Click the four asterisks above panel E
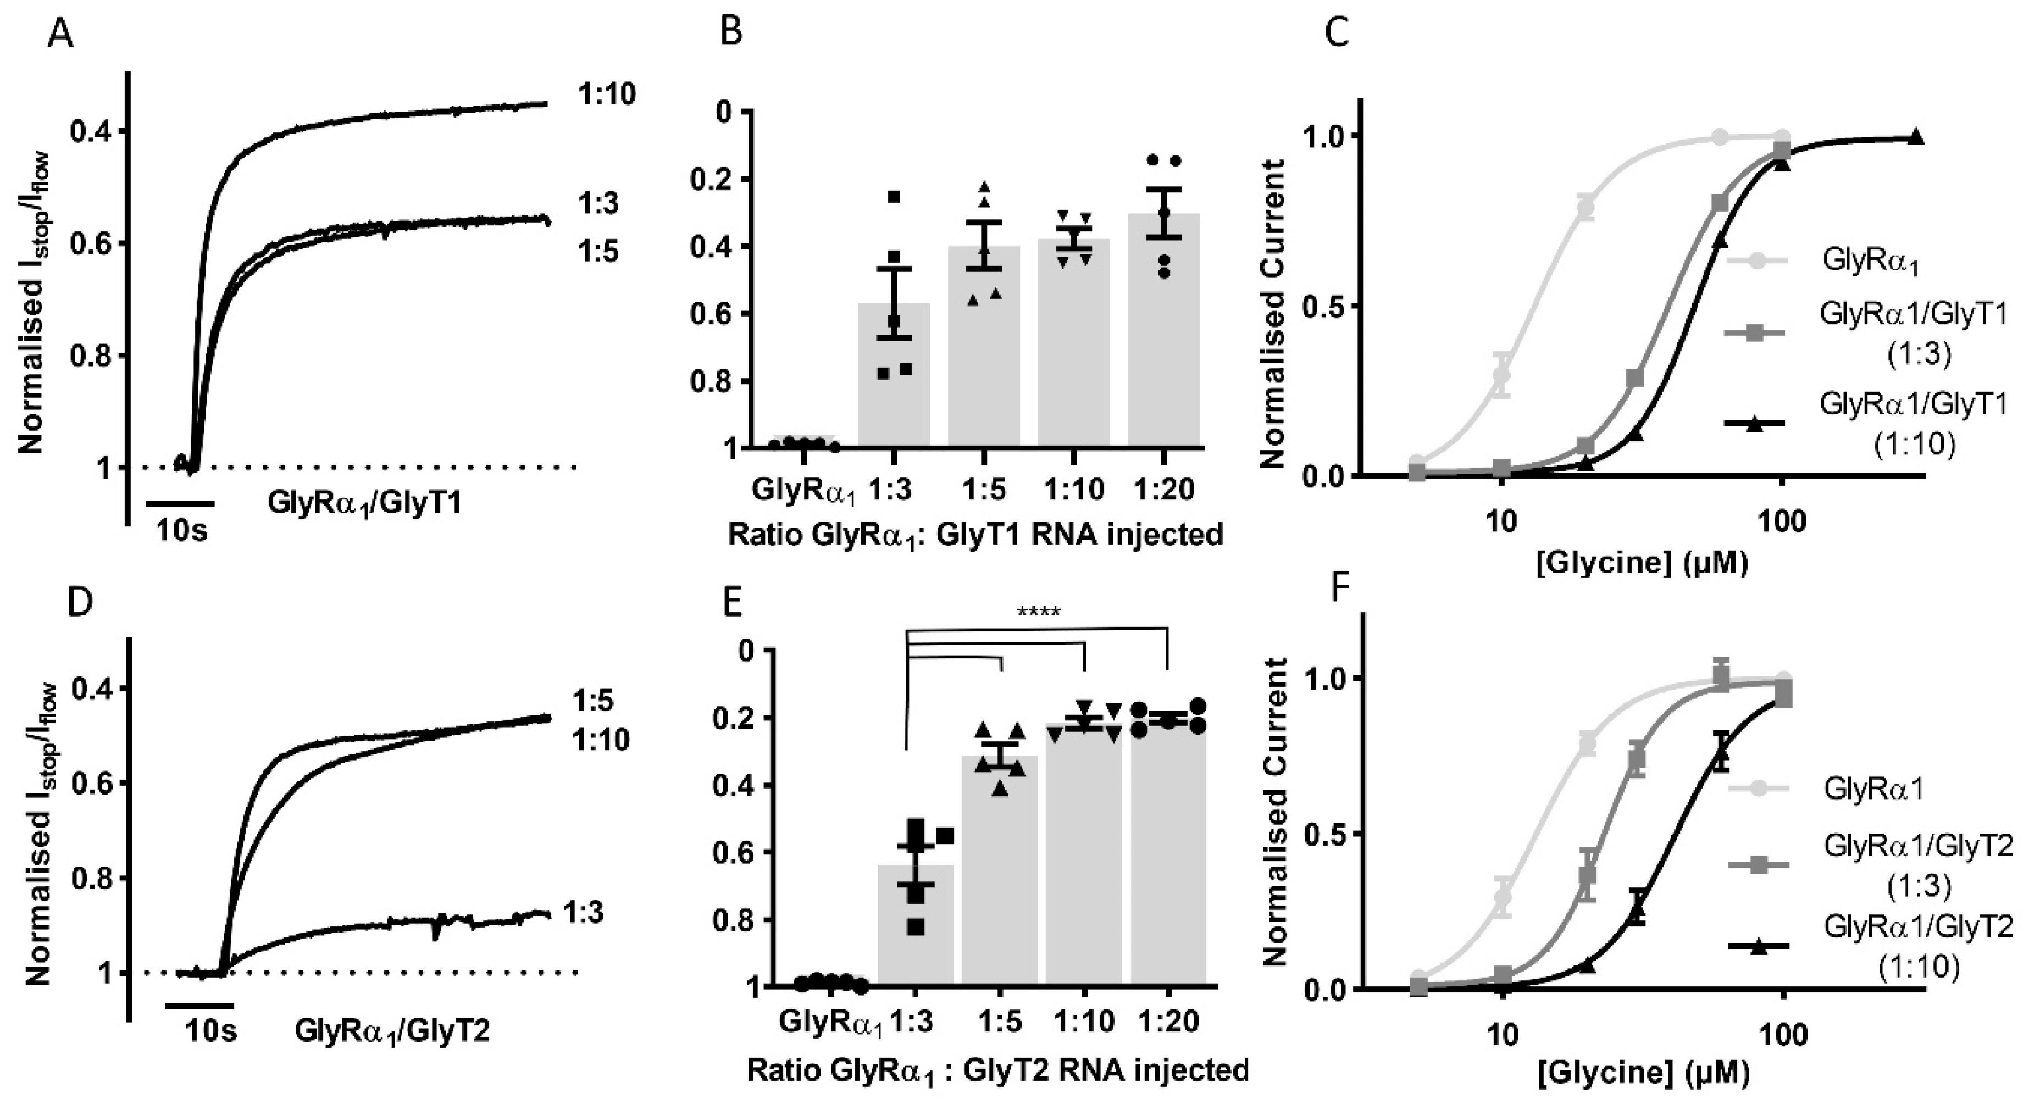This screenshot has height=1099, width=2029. pos(1038,612)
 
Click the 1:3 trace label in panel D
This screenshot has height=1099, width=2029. pos(584,912)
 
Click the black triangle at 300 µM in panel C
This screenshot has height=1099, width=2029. pos(1916,138)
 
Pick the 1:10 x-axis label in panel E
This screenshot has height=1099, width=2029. pos(1085,1022)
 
